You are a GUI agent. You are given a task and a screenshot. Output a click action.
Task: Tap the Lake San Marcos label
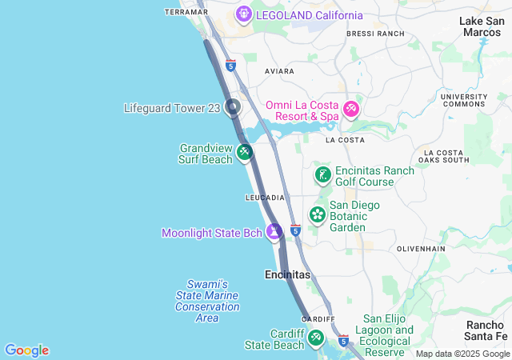pyautogui.click(x=482, y=26)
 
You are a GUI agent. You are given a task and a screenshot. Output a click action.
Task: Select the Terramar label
pyautogui.click(x=186, y=12)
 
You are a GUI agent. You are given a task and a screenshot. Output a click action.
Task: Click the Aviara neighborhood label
pyautogui.click(x=280, y=71)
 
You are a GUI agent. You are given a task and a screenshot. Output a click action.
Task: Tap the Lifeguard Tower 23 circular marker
pyautogui.click(x=233, y=107)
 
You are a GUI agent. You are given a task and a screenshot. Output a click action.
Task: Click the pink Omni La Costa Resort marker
pyautogui.click(x=350, y=109)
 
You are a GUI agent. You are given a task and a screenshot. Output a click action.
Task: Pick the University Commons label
pyautogui.click(x=464, y=100)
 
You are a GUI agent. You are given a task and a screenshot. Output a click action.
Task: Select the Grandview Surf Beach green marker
pyautogui.click(x=245, y=151)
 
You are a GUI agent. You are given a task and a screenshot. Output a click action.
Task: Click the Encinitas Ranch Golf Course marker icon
pyautogui.click(x=322, y=175)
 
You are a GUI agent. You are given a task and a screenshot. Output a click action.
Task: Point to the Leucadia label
pyautogui.click(x=265, y=198)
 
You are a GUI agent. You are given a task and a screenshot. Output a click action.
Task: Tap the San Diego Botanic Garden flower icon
pyautogui.click(x=318, y=214)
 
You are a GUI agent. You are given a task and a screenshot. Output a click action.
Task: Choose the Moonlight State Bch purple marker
pyautogui.click(x=274, y=232)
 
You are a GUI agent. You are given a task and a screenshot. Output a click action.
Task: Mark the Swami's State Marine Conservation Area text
pyautogui.click(x=207, y=301)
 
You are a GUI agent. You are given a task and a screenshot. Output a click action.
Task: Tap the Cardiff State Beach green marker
pyautogui.click(x=316, y=339)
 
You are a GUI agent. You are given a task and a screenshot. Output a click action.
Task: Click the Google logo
pyautogui.click(x=26, y=350)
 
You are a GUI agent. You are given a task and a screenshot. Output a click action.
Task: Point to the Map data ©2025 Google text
pyautogui.click(x=462, y=354)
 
